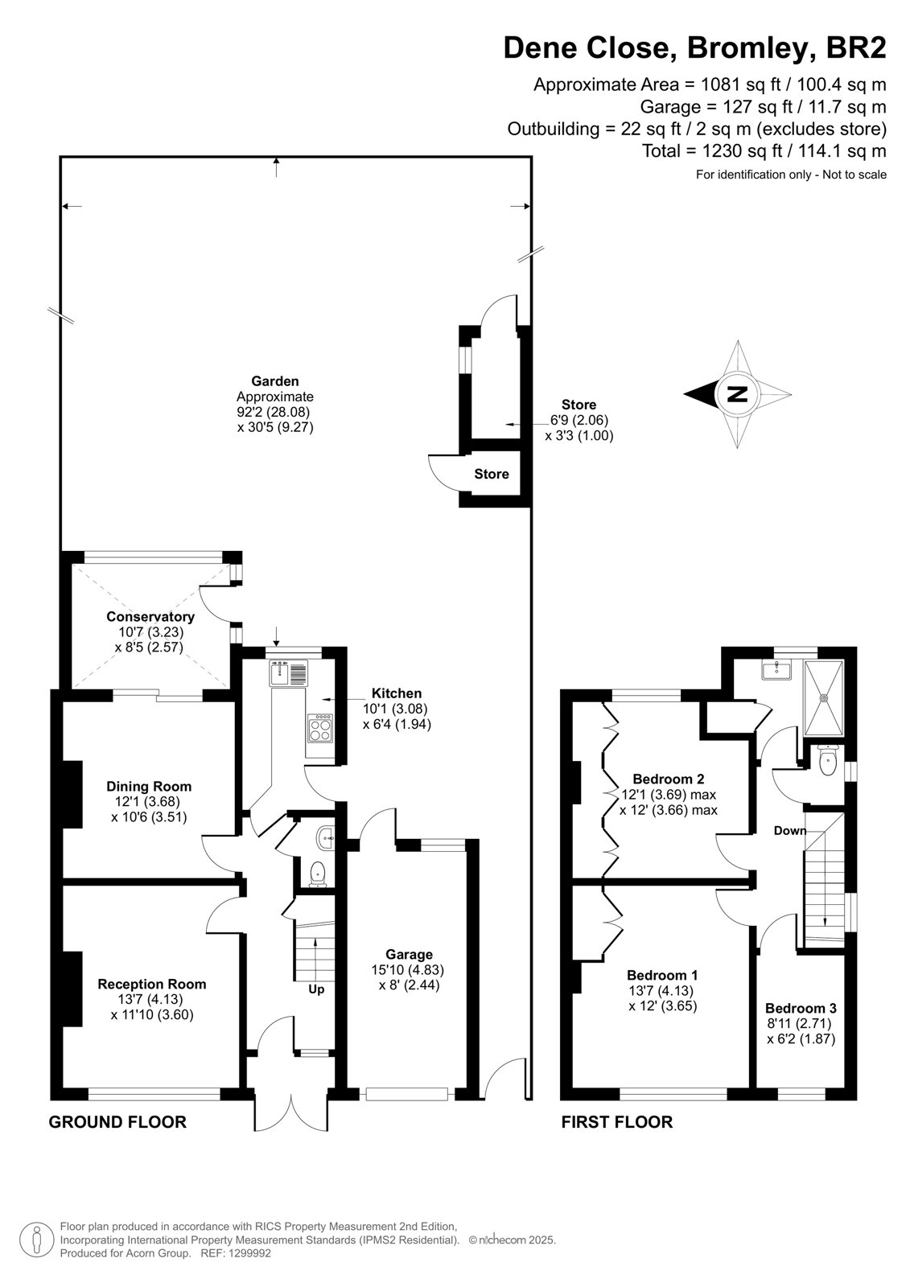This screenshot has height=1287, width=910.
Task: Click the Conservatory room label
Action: pos(150,616)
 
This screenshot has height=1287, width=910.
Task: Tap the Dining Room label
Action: pos(149,786)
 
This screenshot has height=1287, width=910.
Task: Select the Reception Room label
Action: pos(152,984)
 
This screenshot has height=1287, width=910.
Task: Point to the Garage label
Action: pos(409,954)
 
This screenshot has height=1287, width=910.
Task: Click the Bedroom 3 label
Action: pos(801,1008)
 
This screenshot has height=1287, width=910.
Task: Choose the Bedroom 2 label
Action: pos(669,779)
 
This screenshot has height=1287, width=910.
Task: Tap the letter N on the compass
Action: pos(737,394)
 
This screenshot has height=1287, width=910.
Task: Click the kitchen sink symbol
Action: pos(289,672)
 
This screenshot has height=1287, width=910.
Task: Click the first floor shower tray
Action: pos(825,697)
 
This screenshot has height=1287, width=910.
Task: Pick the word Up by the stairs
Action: pos(316,989)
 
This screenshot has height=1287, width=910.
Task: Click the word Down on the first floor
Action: pos(790,830)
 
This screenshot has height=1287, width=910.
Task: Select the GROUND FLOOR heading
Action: pos(117,1122)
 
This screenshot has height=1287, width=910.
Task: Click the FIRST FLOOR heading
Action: pos(617,1121)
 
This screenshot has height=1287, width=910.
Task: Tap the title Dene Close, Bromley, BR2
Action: pos(694,47)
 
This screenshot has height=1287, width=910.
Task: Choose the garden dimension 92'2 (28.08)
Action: pos(273,412)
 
